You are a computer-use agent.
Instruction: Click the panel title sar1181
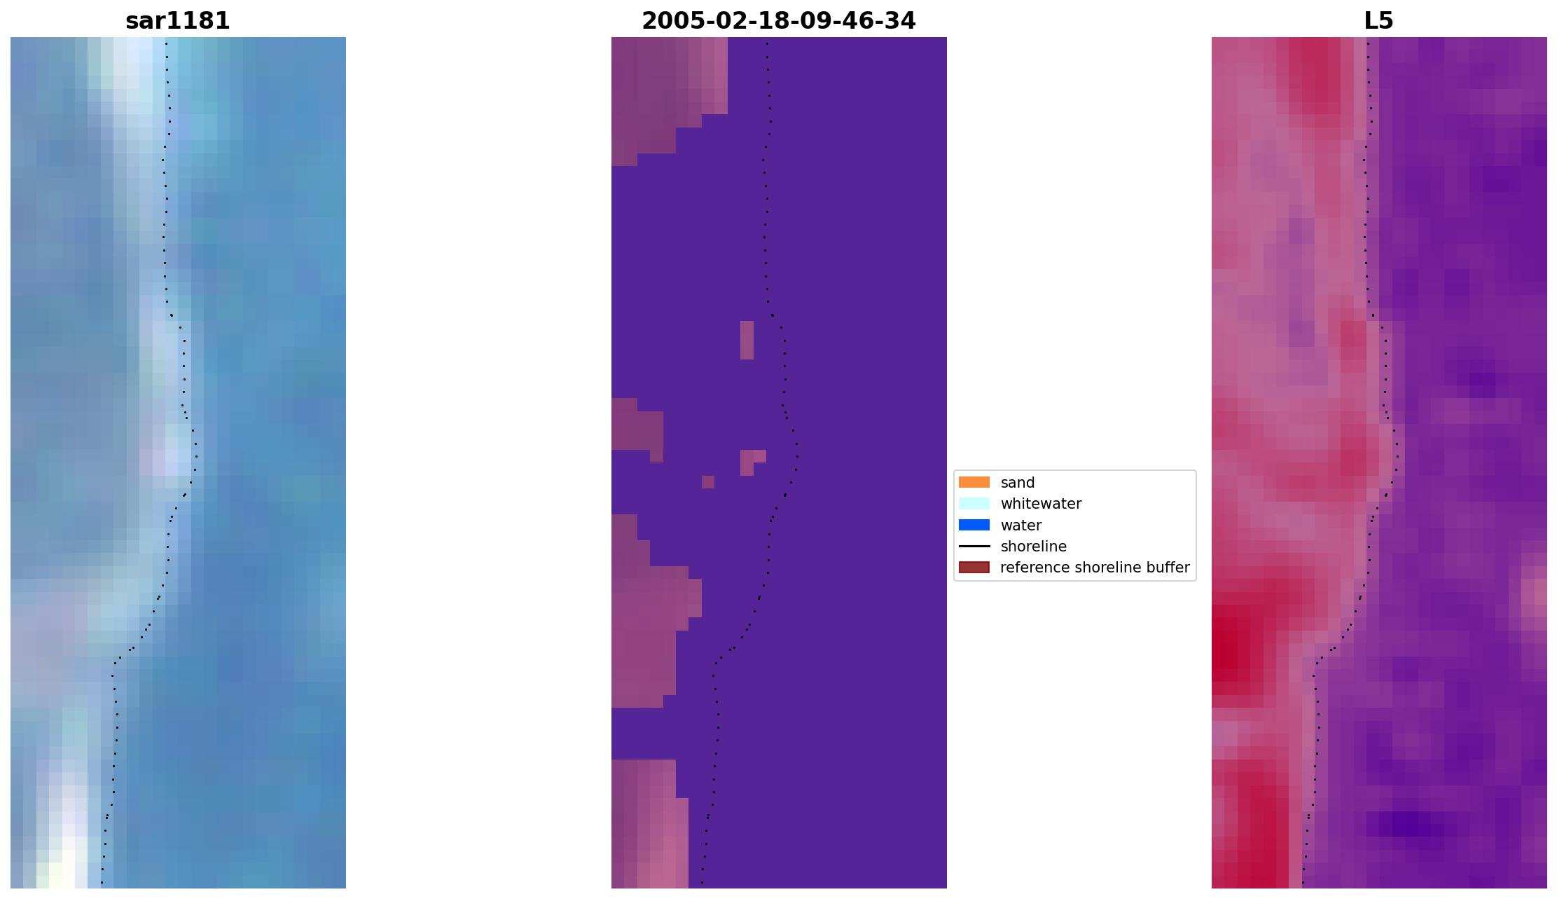coord(177,21)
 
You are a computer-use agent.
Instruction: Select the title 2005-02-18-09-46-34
coord(778,21)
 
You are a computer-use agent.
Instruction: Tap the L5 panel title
coord(1378,21)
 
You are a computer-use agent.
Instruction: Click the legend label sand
coord(1017,483)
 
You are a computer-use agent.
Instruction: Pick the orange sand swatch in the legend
coord(974,483)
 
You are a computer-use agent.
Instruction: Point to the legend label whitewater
coord(1041,504)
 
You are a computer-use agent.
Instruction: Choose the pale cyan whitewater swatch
coord(974,504)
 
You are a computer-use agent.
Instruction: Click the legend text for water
coord(1020,526)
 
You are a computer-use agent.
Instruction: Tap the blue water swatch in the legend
coord(974,526)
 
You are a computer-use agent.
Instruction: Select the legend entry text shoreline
coord(1033,547)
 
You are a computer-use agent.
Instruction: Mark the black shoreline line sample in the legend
coord(974,547)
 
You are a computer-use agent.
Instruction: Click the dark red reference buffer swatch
coord(974,568)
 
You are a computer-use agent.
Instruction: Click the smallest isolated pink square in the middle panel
coord(708,482)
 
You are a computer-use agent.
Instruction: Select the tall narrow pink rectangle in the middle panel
coord(747,340)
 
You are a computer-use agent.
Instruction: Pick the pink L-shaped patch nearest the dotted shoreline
coord(749,460)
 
